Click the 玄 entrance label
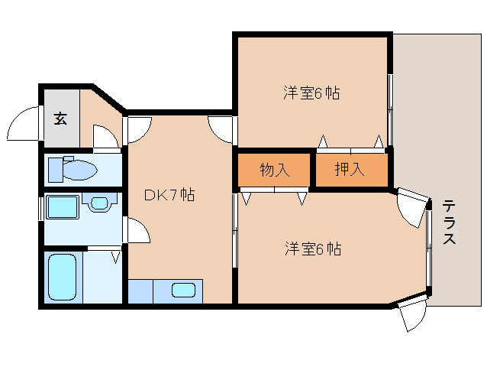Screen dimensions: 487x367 60,119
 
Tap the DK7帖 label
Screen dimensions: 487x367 169,195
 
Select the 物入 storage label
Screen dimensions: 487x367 275,170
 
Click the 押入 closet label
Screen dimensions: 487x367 350,169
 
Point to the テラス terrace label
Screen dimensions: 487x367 449,222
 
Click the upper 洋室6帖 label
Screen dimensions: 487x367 311,93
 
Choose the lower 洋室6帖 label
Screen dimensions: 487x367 313,248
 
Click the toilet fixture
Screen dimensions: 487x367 73,170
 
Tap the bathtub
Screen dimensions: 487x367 63,278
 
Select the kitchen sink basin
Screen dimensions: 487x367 184,291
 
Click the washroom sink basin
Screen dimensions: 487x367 99,203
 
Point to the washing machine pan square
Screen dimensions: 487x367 63,207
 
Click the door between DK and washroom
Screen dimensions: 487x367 138,230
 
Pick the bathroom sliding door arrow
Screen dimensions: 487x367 115,258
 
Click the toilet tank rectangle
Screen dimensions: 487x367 56,170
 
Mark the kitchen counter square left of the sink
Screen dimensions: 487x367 140,291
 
